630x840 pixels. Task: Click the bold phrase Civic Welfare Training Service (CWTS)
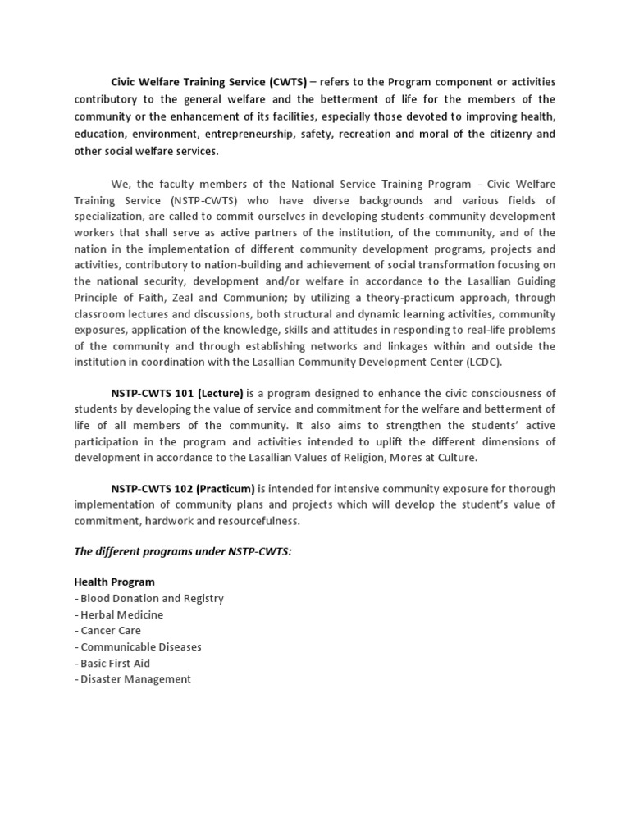(208, 82)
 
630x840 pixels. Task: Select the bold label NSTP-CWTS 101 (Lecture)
(177, 392)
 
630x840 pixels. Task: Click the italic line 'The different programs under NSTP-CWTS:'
(183, 551)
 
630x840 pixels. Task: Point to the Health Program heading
(114, 582)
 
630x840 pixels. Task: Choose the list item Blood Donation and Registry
(148, 598)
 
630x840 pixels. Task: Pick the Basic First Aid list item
(112, 663)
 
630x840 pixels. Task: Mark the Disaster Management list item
(132, 679)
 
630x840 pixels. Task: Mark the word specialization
(109, 216)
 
